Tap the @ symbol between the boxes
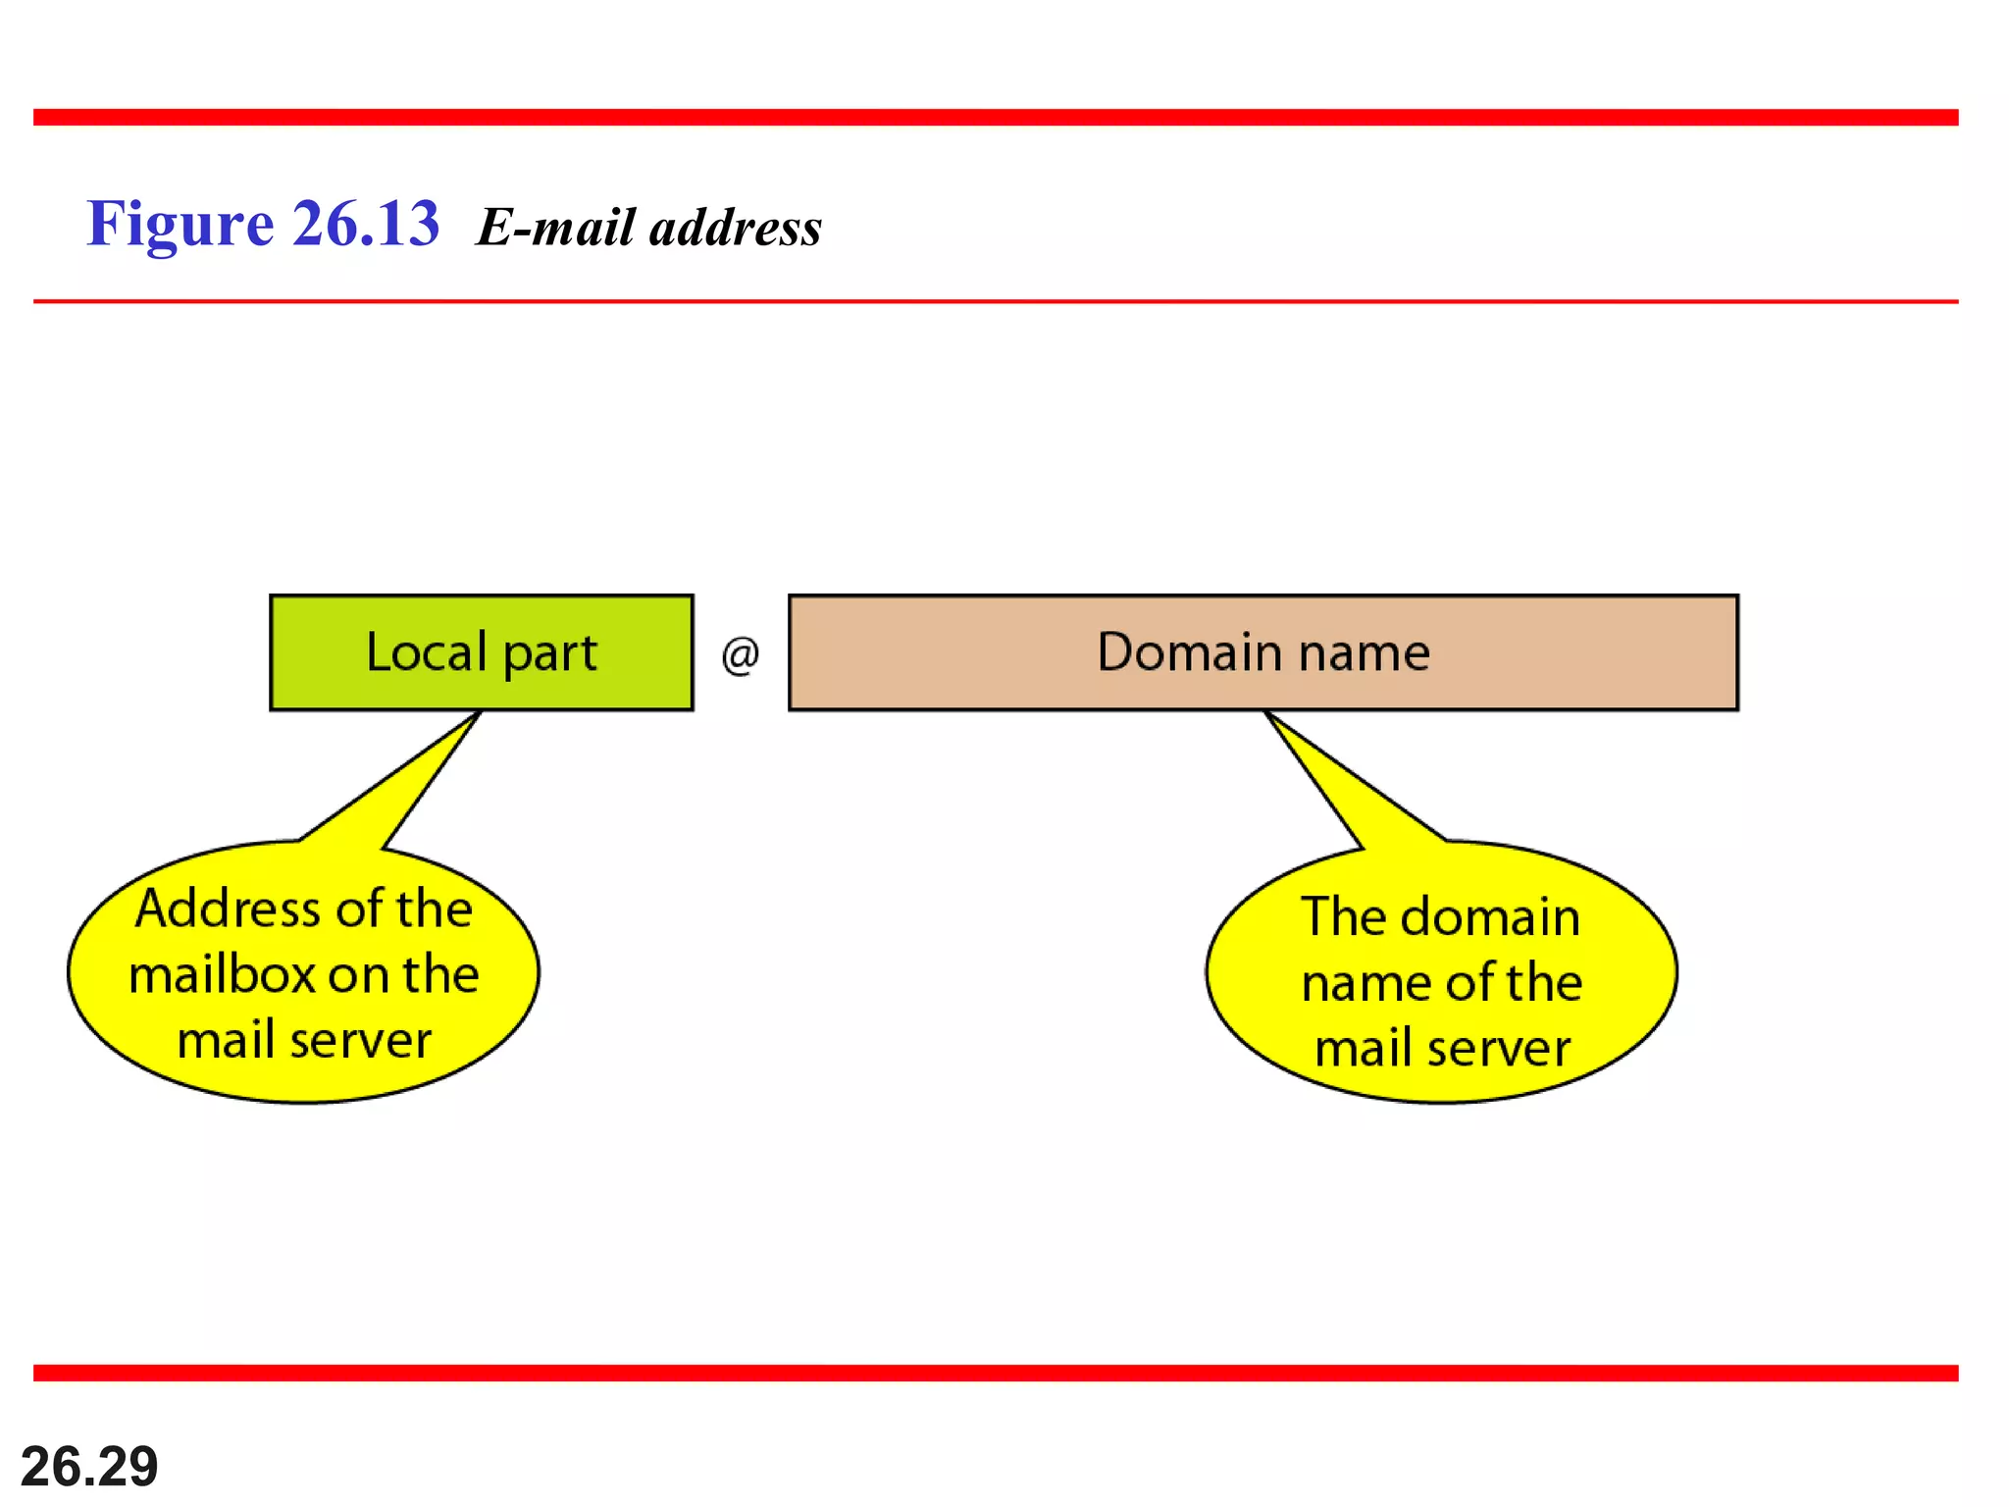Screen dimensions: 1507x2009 tap(741, 654)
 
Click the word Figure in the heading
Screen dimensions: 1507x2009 tap(180, 225)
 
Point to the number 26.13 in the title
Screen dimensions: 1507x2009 tap(366, 223)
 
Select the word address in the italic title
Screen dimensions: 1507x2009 tap(736, 227)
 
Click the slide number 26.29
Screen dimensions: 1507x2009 tap(89, 1466)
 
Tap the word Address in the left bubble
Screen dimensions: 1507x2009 tap(215, 909)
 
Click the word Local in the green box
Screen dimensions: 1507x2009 tap(426, 652)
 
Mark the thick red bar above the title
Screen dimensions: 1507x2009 tap(996, 118)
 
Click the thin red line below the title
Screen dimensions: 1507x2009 tap(996, 301)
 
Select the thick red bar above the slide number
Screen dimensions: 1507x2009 tap(996, 1373)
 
